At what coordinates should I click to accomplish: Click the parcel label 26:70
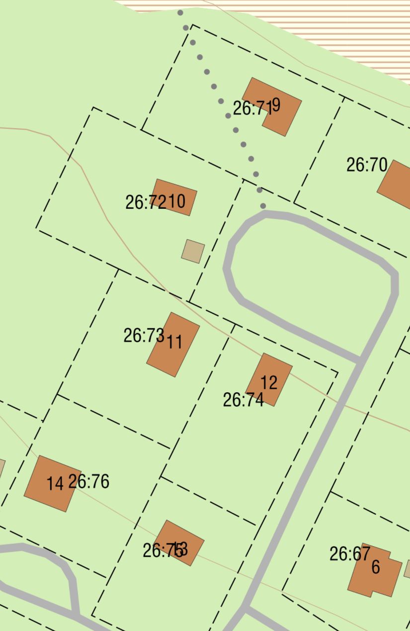(x=366, y=165)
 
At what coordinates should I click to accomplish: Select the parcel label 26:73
(x=144, y=336)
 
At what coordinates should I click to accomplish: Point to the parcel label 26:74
(x=243, y=400)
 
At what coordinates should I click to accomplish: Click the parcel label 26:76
(x=88, y=481)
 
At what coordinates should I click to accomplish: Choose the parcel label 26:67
(x=350, y=553)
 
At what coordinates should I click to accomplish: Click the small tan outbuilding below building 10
(x=193, y=251)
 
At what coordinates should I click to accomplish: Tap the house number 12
(x=269, y=382)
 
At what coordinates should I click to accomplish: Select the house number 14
(x=55, y=483)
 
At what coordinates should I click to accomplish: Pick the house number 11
(x=174, y=342)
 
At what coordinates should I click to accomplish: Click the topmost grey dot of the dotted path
(x=180, y=13)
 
